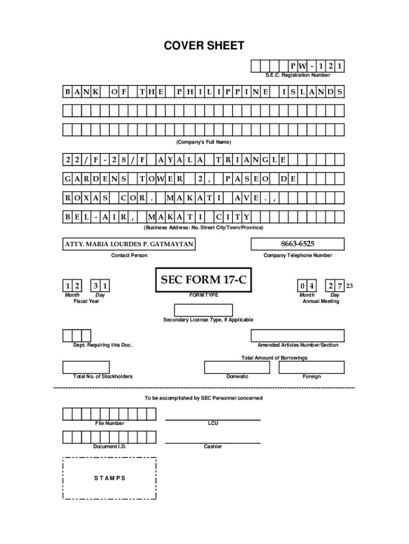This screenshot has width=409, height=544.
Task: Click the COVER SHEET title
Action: (x=204, y=46)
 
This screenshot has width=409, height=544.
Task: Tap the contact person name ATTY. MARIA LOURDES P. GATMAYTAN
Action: (x=129, y=244)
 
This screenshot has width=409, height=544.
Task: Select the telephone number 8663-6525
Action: (x=297, y=244)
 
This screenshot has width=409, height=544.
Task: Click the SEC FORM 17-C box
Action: (x=203, y=280)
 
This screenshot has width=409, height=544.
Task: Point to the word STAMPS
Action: (x=110, y=478)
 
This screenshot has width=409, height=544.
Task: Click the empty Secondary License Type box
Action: (x=203, y=310)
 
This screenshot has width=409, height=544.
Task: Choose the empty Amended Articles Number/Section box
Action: (x=297, y=336)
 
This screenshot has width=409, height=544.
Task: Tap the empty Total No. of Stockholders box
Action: (x=86, y=367)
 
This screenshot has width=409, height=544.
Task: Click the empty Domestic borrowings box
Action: (x=237, y=367)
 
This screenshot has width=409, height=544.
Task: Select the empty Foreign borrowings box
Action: (x=312, y=367)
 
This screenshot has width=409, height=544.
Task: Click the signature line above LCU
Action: (x=212, y=420)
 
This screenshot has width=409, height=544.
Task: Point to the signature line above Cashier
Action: (x=212, y=443)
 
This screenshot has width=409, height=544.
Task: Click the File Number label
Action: (x=110, y=423)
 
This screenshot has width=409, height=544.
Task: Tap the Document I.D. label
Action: (x=110, y=446)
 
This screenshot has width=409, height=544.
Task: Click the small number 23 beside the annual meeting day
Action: (x=350, y=286)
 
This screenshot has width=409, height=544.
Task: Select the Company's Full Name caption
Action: (x=204, y=142)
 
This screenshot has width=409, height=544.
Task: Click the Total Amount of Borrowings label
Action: (x=274, y=358)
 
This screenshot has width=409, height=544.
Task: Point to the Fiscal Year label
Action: (x=87, y=301)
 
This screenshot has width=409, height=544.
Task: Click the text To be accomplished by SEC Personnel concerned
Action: (x=204, y=398)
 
